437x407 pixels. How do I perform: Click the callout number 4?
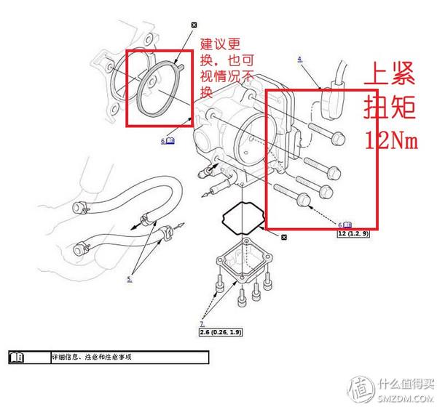pyautogui.click(x=300, y=58)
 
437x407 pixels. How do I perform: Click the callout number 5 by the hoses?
pyautogui.click(x=129, y=278)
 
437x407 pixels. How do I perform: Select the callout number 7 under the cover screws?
pyautogui.click(x=202, y=322)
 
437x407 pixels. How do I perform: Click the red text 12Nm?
pyautogui.click(x=391, y=140)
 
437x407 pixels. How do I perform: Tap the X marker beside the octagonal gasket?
pyautogui.click(x=284, y=238)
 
